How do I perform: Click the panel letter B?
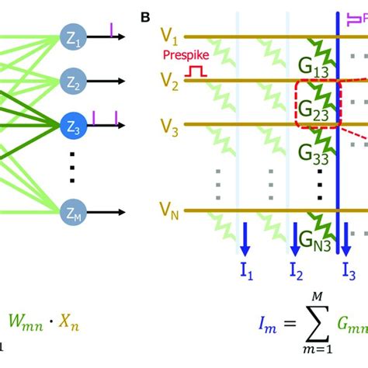click(146, 16)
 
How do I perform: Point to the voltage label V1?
click(168, 37)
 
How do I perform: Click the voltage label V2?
click(168, 80)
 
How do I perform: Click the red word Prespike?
click(183, 55)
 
